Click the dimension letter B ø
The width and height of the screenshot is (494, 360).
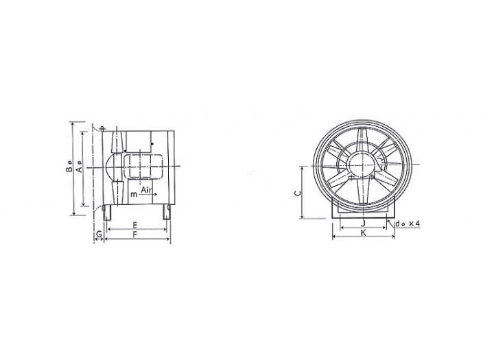[x=69, y=167]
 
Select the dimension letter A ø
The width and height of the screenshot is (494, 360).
[x=80, y=167]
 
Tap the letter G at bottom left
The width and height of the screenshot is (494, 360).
[x=99, y=235]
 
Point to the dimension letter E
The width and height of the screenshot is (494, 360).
[x=134, y=225]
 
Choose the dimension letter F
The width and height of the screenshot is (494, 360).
[x=135, y=235]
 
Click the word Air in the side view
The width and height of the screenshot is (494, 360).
[x=147, y=190]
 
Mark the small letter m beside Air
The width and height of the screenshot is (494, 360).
[x=134, y=194]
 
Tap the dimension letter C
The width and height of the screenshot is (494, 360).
[x=298, y=193]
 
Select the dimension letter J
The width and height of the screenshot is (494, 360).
[x=363, y=224]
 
